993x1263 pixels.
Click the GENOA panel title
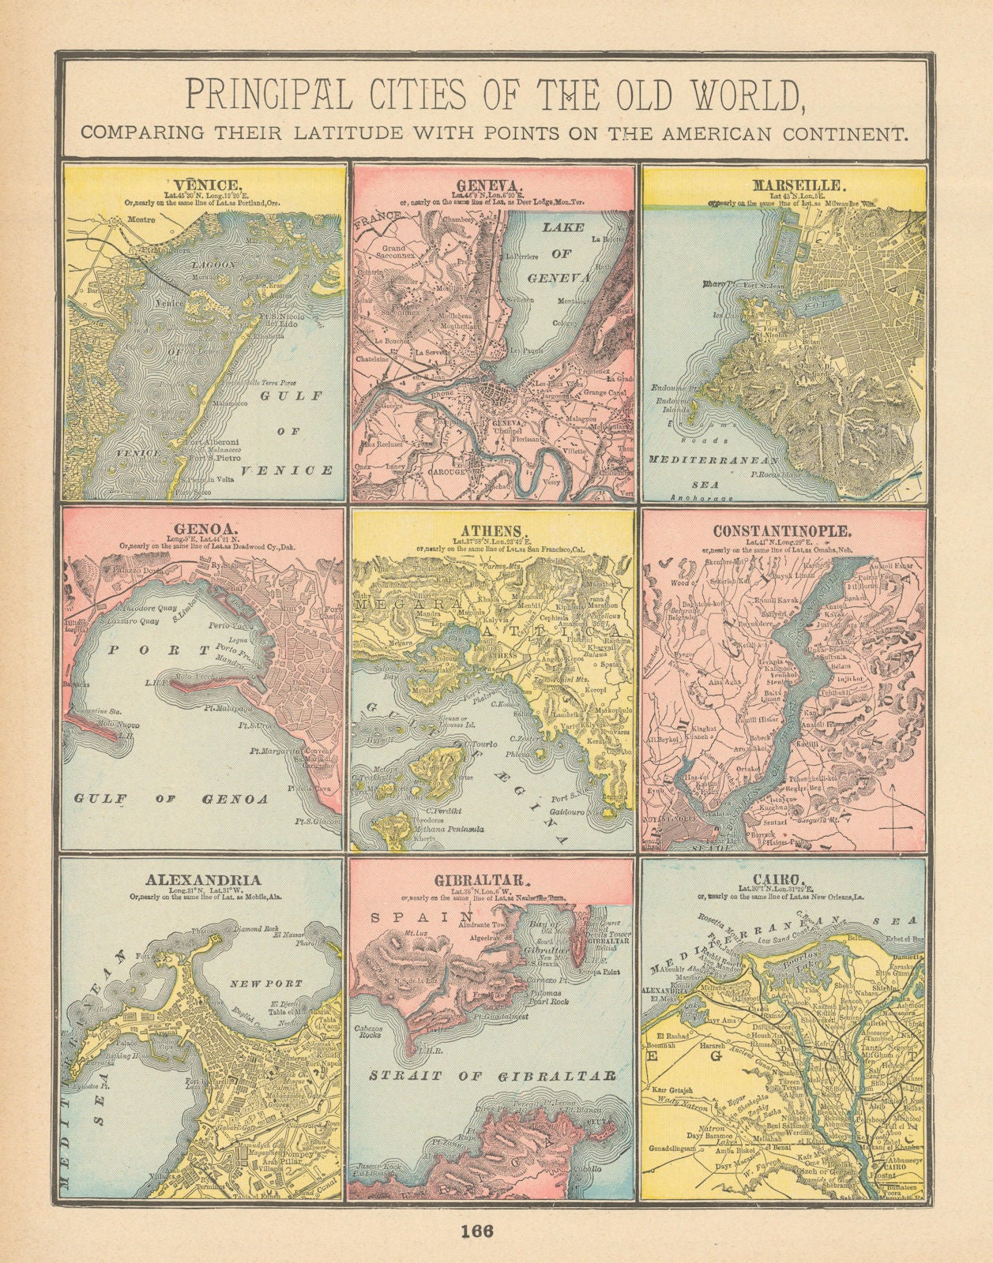[x=202, y=530]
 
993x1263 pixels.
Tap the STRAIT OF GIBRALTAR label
[x=491, y=1076]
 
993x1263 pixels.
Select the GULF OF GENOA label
[x=171, y=799]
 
